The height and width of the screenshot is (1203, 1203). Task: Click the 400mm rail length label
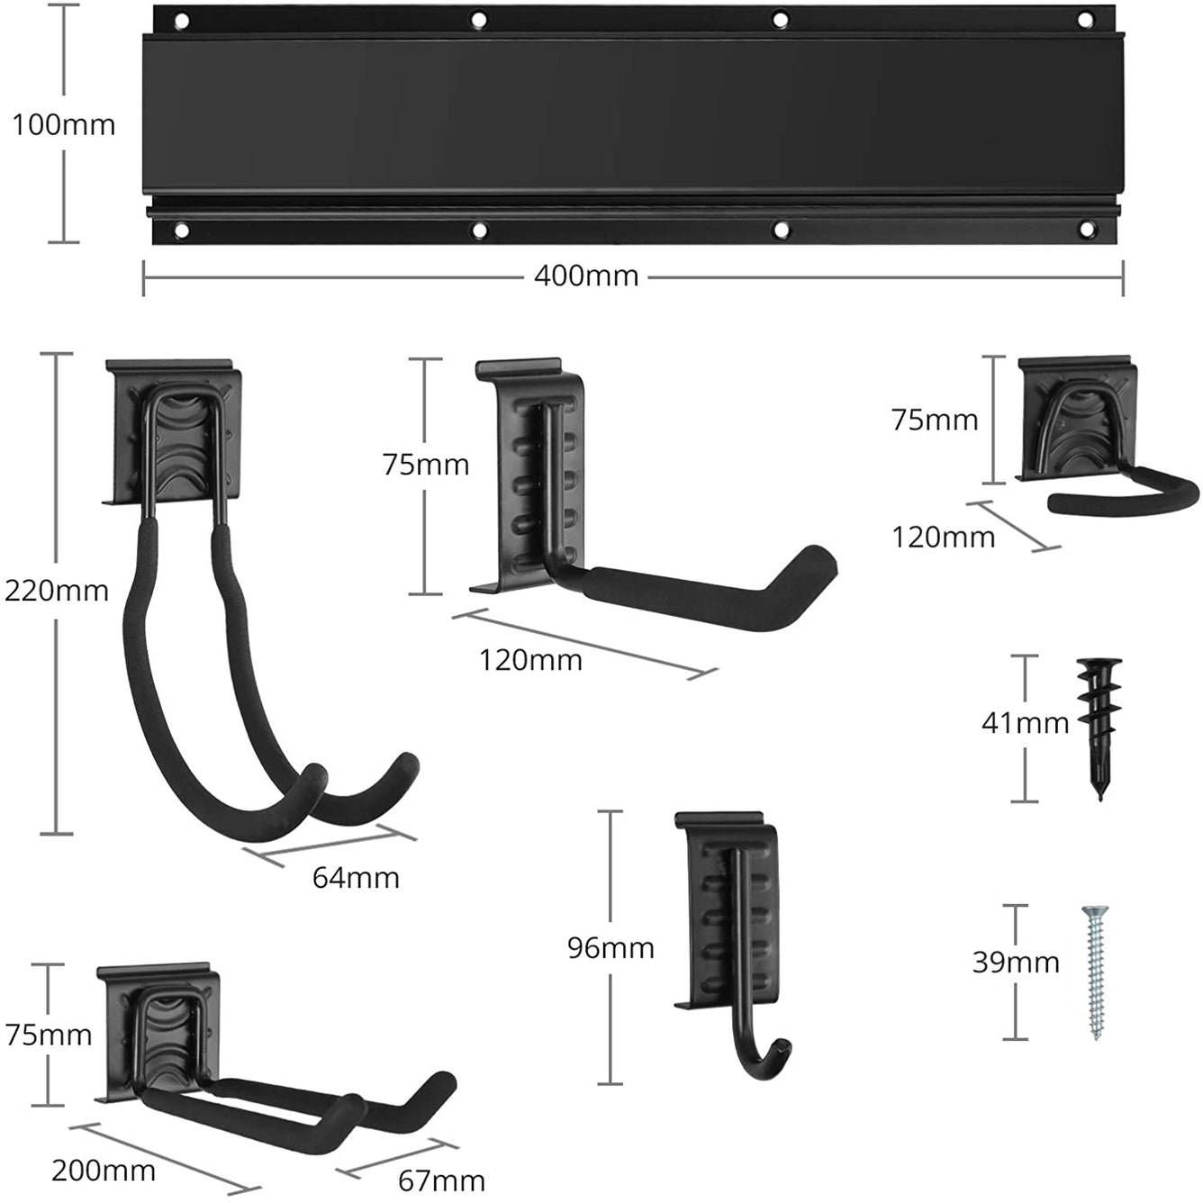point(586,276)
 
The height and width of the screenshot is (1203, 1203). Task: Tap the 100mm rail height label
point(63,124)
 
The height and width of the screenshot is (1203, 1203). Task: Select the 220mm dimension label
point(56,591)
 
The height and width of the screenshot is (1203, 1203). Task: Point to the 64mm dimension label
point(356,877)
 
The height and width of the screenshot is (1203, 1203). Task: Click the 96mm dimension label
point(611,947)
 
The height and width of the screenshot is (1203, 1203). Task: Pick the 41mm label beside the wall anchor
point(1025,722)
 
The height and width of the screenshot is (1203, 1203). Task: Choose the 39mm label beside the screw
point(1016,962)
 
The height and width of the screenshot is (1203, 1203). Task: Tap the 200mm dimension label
point(104,1171)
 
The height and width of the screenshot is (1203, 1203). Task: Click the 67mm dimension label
point(441,1180)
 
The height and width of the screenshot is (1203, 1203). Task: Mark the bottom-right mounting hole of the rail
point(1085,231)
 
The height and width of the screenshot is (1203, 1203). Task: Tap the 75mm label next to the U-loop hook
point(935,420)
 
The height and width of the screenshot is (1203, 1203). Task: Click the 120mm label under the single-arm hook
point(530,660)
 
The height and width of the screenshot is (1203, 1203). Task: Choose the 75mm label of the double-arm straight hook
point(49,1035)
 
